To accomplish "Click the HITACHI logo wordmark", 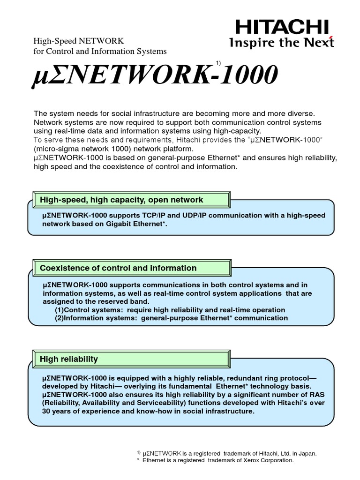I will click(x=282, y=27).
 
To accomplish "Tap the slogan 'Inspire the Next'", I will click(x=282, y=43).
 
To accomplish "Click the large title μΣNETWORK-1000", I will click(x=155, y=75).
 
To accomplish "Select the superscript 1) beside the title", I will click(x=218, y=63).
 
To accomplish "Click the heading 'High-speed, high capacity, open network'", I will click(x=122, y=200).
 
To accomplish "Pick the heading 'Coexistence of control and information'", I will click(x=119, y=268).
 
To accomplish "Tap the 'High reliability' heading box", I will click(x=69, y=359).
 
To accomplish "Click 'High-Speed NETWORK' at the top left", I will click(x=78, y=41).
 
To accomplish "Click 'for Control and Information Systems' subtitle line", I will click(x=100, y=51).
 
